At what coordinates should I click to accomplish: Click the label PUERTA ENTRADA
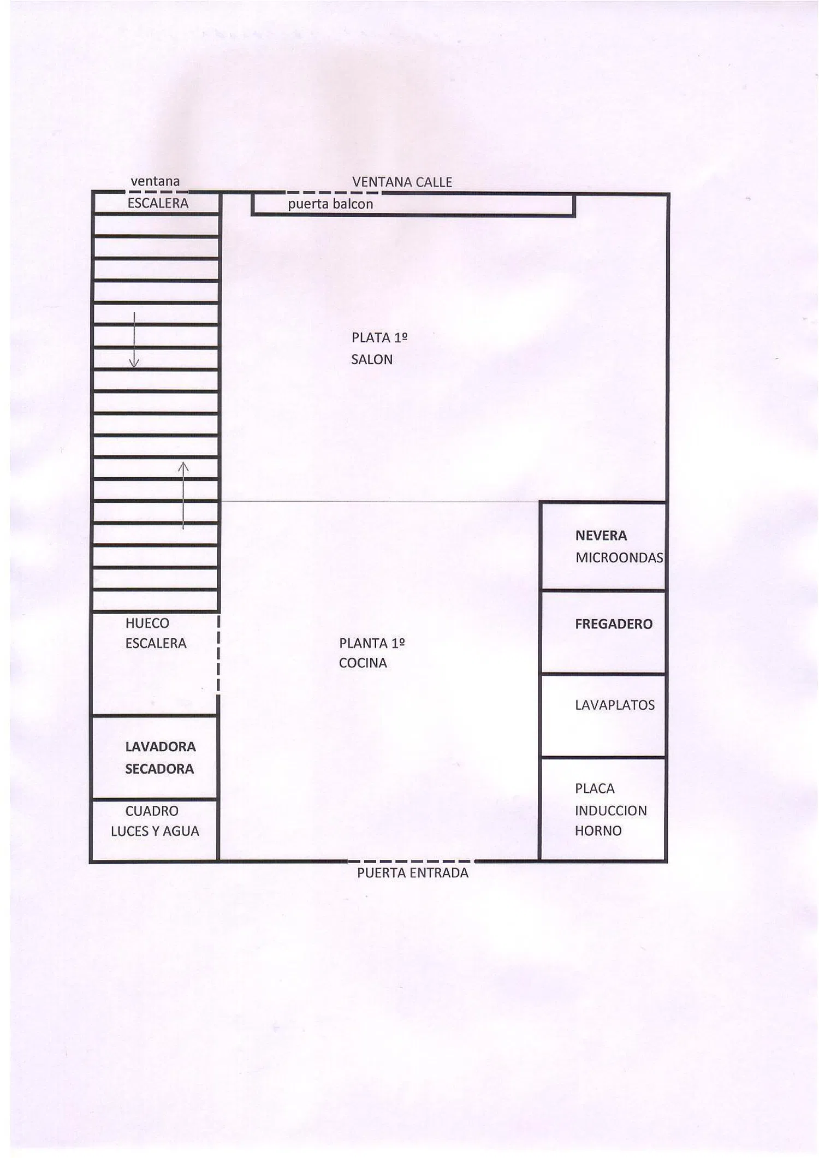[x=413, y=873]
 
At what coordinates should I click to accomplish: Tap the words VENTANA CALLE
[x=402, y=182]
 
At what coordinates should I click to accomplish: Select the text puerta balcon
[x=330, y=204]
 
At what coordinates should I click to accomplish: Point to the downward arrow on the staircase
[x=134, y=340]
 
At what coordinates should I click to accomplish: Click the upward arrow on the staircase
[x=183, y=496]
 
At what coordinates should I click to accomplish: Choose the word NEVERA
[x=601, y=536]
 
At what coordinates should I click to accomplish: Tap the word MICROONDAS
[x=619, y=558]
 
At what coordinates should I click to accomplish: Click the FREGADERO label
[x=614, y=624]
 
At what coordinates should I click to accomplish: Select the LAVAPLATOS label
[x=615, y=705]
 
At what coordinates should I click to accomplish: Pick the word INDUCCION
[x=610, y=811]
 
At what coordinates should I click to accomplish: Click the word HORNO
[x=598, y=831]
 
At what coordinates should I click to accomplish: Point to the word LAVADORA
[x=161, y=747]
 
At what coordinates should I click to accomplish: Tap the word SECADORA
[x=159, y=769]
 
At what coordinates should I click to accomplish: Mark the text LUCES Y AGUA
[x=155, y=832]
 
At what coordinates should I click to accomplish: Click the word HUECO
[x=147, y=623]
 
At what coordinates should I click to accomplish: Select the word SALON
[x=372, y=360]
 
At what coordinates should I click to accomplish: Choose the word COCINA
[x=363, y=663]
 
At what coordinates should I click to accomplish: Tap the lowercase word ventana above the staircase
[x=155, y=181]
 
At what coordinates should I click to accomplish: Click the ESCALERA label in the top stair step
[x=158, y=204]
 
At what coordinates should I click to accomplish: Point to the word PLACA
[x=595, y=789]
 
